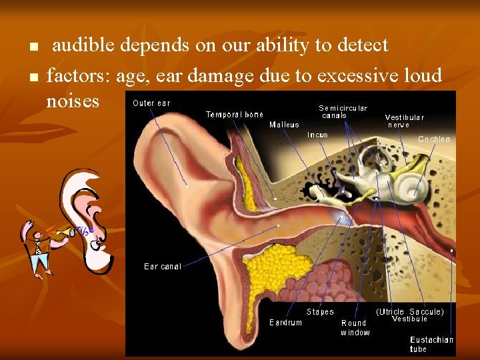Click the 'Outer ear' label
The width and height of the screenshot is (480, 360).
click(151, 103)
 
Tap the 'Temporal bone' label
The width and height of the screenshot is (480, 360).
click(234, 115)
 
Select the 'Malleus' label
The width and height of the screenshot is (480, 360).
click(284, 125)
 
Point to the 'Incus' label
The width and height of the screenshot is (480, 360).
click(317, 135)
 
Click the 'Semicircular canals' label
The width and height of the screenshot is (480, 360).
click(343, 111)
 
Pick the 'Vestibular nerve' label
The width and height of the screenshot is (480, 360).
click(404, 121)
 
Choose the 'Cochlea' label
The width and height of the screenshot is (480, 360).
click(434, 139)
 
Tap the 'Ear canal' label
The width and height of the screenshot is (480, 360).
click(163, 267)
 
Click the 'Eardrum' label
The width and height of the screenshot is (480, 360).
click(285, 323)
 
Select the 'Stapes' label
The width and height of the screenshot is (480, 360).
click(320, 312)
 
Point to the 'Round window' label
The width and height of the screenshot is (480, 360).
click(354, 327)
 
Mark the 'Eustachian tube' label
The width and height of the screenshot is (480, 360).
click(431, 344)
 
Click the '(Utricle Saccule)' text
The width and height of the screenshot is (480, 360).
click(410, 311)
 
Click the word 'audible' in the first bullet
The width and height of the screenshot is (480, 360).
click(84, 45)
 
